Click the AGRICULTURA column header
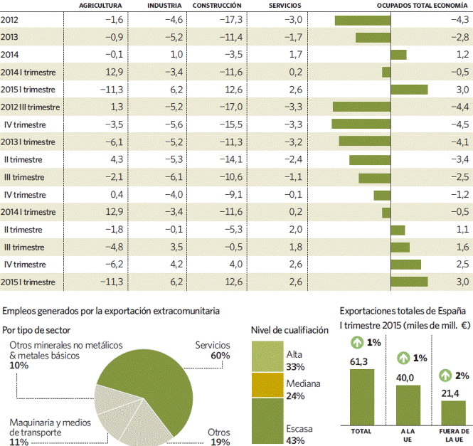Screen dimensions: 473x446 tap(100, 6)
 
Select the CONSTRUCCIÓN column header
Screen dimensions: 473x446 tap(217, 6)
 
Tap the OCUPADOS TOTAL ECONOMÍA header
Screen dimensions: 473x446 tap(422, 6)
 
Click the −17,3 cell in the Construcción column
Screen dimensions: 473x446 tap(231, 20)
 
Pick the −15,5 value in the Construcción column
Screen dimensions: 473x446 tap(231, 124)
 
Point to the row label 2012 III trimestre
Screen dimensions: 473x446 tap(30, 107)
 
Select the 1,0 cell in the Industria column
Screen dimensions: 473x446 tap(176, 55)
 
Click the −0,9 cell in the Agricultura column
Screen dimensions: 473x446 tap(115, 37)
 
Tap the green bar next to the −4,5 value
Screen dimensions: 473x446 tap(361, 124)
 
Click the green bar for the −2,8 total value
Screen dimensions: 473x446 tap(373, 38)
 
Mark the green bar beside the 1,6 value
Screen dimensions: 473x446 tap(400, 248)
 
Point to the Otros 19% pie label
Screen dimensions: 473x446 tap(218, 437)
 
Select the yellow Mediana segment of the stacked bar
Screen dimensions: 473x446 tap(267, 386)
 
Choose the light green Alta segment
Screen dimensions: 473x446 tap(267, 356)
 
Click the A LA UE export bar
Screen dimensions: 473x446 tap(408, 405)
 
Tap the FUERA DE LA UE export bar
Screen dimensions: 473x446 tap(453, 413)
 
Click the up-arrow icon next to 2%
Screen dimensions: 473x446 tap(445, 376)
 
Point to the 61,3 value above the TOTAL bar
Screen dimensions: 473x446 tap(358, 361)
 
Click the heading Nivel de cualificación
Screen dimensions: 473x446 tap(289, 330)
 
